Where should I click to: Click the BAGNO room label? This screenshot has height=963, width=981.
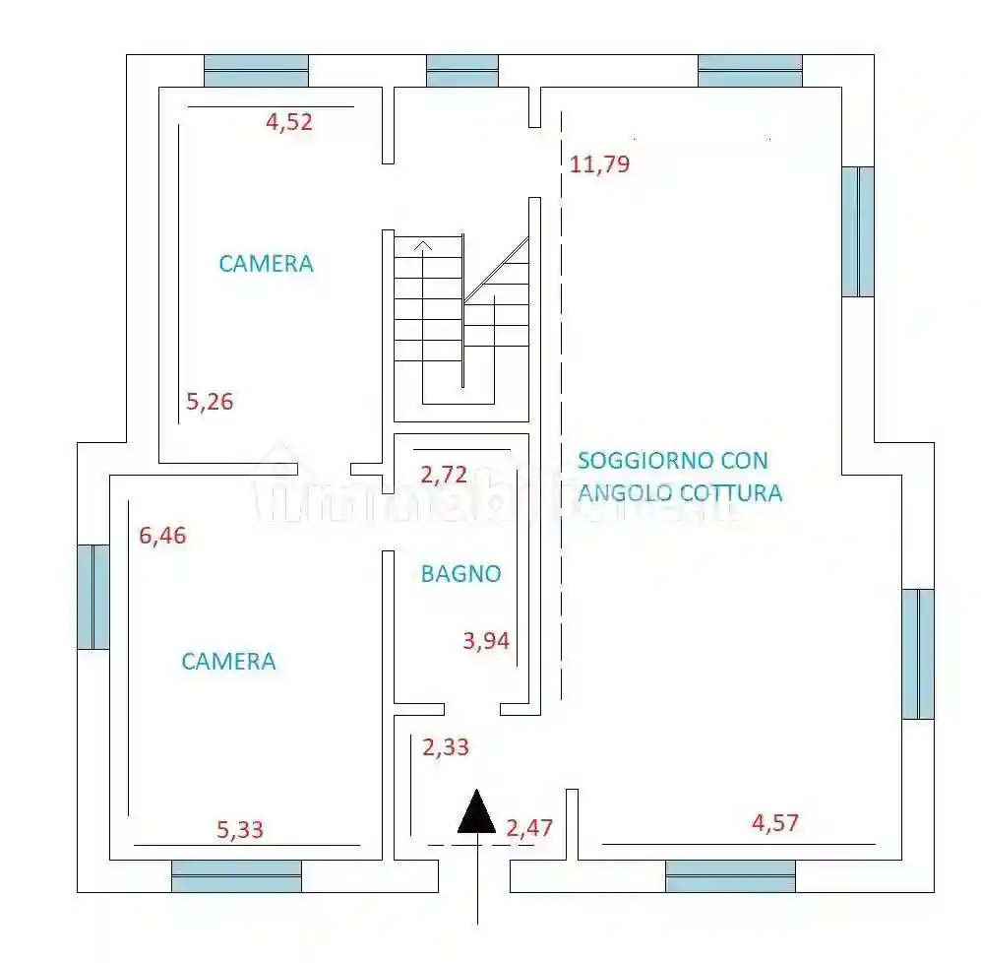[461, 573]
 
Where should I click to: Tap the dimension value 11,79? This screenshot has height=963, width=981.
[599, 164]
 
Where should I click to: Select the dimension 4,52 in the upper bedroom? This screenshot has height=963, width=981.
[289, 121]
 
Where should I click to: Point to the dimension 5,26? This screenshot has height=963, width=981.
[210, 402]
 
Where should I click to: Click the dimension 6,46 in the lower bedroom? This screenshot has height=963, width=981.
[162, 536]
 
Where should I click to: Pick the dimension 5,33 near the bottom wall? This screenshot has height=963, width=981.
[240, 830]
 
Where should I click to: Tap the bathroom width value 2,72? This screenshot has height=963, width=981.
[444, 475]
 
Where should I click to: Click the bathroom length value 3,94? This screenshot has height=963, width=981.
[486, 641]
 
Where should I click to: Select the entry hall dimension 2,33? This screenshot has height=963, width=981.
[446, 747]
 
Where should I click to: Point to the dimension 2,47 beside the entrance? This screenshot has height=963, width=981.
[529, 828]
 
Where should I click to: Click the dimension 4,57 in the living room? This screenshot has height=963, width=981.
[775, 823]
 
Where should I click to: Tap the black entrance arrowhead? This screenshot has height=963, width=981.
[477, 812]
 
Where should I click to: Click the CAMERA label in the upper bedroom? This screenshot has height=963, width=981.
[266, 264]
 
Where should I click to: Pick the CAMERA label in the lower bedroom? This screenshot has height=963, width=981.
[228, 662]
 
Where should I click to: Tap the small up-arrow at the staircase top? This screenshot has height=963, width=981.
[423, 246]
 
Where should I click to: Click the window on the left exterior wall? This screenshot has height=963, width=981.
[93, 597]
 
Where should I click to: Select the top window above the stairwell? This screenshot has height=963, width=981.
[462, 71]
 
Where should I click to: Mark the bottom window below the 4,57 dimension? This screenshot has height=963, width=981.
[730, 876]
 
